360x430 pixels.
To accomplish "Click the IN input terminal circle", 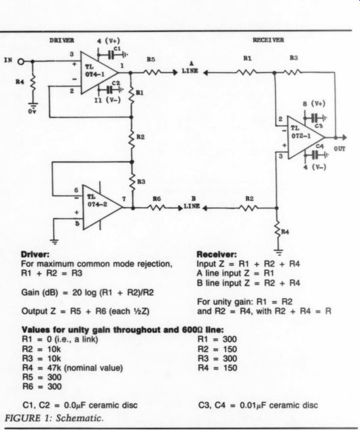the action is (21, 61).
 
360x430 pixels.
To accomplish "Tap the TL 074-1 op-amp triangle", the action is (98, 73).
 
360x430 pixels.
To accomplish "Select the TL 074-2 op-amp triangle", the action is (102, 207).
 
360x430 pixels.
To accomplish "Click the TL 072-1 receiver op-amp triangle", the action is (306, 137).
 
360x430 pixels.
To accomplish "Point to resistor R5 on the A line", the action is (151, 73).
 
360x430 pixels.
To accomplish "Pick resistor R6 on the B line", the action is (156, 208).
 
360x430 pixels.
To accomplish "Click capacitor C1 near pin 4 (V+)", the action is (111, 55).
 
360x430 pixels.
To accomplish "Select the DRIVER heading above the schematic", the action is (62, 40).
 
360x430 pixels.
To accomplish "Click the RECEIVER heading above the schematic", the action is (268, 40).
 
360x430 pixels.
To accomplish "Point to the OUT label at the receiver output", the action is (340, 149).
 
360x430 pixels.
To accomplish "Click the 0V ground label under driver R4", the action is (33, 111).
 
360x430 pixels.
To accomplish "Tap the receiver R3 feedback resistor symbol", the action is (292, 73).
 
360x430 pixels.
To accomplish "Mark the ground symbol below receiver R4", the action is (279, 252).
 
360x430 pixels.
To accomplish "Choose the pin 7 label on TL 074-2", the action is (124, 198).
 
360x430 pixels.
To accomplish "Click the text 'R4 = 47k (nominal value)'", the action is (73, 368).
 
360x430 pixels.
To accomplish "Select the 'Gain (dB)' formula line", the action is (88, 293).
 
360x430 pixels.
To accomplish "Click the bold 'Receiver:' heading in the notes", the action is (217, 255).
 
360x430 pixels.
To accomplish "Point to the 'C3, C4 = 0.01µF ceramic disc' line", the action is (258, 406).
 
